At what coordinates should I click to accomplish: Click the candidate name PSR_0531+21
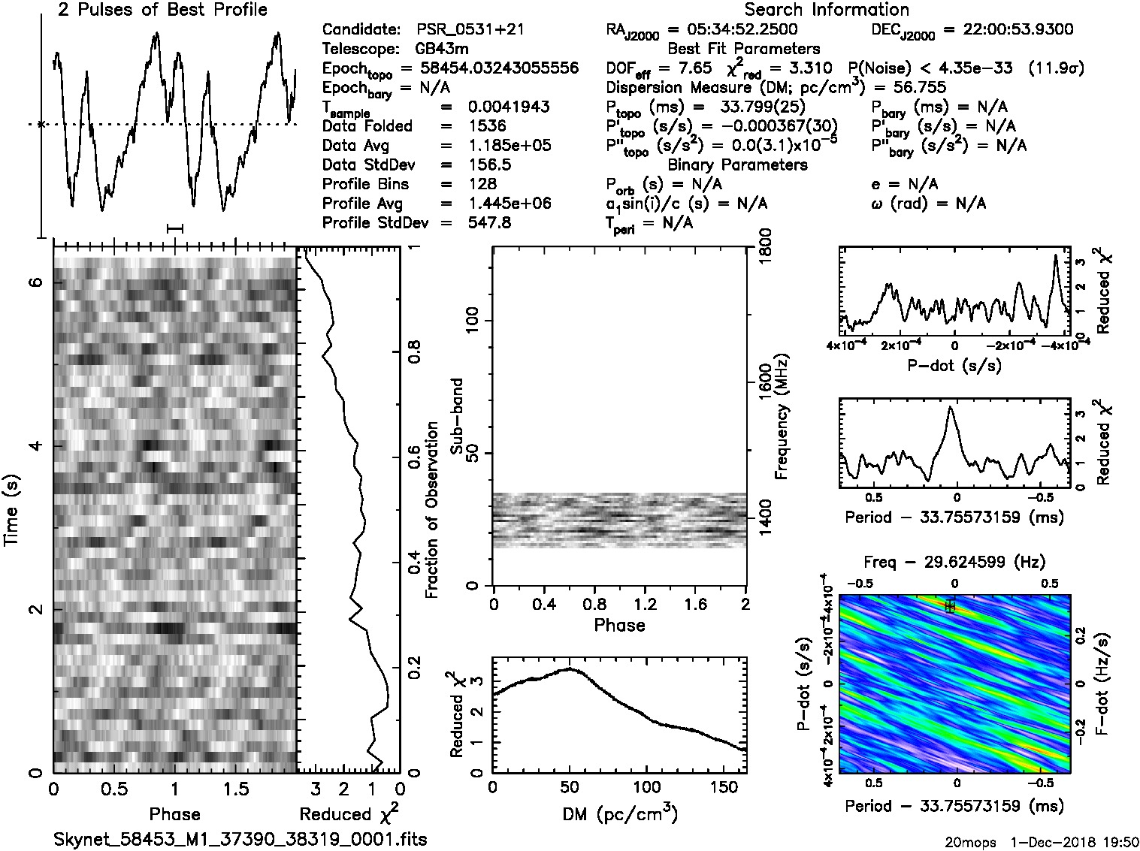[x=470, y=30]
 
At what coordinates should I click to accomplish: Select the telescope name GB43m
[x=444, y=50]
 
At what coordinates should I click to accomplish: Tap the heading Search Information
[x=827, y=10]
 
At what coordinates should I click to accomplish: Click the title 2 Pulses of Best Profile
[x=162, y=10]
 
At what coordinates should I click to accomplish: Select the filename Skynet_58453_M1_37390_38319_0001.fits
[x=240, y=839]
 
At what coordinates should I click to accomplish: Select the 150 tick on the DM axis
[x=723, y=787]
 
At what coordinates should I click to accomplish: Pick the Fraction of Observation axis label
[x=431, y=510]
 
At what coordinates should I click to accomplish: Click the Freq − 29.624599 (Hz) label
[x=954, y=562]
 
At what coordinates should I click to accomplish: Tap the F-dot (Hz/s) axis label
[x=1102, y=683]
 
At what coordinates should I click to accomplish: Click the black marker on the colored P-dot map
[x=950, y=605]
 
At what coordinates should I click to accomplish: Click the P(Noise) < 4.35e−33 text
[x=930, y=69]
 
